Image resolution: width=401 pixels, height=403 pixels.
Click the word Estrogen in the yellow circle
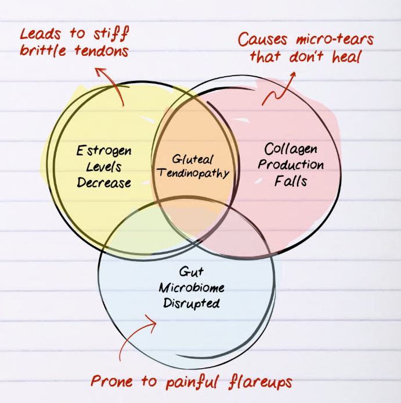pos(104,151)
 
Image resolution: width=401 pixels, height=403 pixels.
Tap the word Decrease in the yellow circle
pos(104,183)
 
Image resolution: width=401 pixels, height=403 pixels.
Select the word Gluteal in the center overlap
pos(193,159)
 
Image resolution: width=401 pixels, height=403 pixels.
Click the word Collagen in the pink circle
pos(291,149)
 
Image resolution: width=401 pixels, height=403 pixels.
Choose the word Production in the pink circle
pos(291,165)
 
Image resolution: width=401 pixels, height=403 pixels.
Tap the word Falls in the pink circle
pos(291,180)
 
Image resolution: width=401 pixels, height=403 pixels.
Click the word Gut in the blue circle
pos(192,272)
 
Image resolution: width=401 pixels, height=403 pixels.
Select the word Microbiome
pos(192,288)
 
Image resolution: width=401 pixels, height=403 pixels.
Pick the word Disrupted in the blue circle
pos(192,304)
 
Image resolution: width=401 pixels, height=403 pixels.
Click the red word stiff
pos(111,34)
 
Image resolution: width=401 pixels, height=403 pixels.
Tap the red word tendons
pos(102,51)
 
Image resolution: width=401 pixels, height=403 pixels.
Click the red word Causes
pos(262,40)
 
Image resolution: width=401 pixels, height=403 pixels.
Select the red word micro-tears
pos(335,39)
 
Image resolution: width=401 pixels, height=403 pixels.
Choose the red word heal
pos(347,56)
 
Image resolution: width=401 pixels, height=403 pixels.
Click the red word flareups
pos(260,382)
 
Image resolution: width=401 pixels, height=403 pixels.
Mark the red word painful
pos(193,382)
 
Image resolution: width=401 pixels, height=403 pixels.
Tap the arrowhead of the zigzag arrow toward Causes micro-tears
pos(293,74)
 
